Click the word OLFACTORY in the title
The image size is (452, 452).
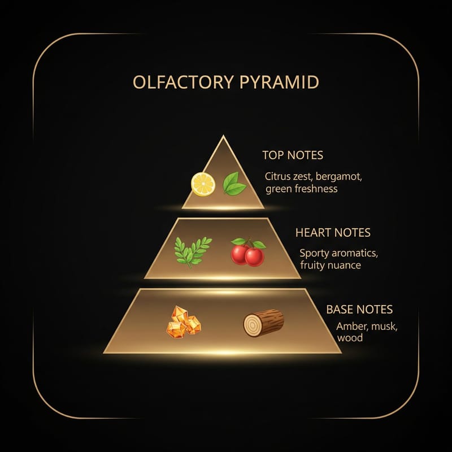183,82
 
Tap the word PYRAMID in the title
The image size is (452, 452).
279,82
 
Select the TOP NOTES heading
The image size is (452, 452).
293,155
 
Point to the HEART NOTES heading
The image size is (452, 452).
333,233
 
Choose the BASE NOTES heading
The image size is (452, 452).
359,310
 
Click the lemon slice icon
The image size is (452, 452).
203,184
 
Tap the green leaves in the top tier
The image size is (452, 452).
234,184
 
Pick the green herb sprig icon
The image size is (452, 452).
193,252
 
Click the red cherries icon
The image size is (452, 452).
248,252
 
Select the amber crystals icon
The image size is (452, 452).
184,322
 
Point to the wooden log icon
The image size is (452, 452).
263,323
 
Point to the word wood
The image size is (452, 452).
350,338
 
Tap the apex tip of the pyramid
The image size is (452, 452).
223,135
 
